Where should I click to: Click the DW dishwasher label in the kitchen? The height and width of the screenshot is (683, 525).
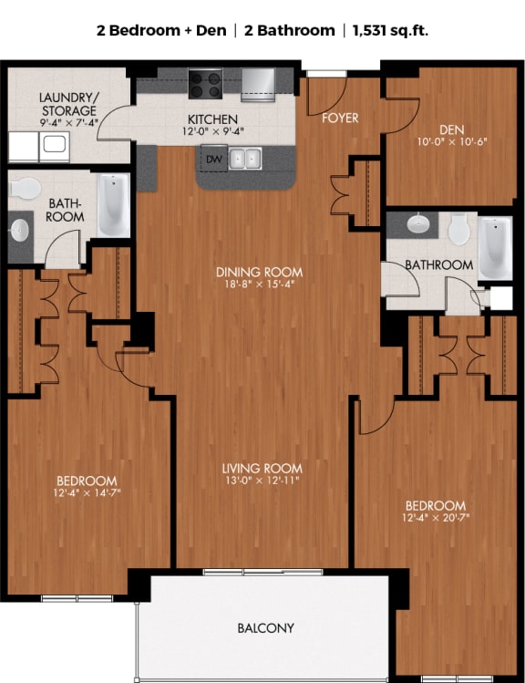coord(214,160)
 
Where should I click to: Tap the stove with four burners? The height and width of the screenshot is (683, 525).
coord(206,84)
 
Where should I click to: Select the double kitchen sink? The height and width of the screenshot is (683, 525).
coord(243,160)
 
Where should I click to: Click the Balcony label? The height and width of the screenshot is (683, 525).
coord(265,628)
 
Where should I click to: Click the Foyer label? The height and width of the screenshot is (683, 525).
coord(340,118)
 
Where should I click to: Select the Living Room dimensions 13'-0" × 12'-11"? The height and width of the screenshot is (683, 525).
coord(262,481)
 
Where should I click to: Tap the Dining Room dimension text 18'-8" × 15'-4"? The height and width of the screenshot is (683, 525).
coord(260,285)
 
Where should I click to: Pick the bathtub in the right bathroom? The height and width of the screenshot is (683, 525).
coord(495,246)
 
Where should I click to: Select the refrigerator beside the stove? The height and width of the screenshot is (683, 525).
coord(257,85)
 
